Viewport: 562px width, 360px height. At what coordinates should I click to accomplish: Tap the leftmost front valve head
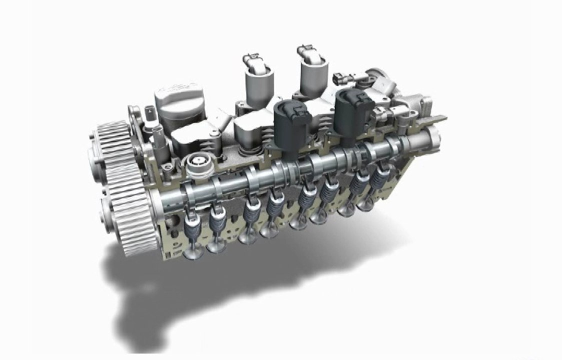(x=192, y=253)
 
